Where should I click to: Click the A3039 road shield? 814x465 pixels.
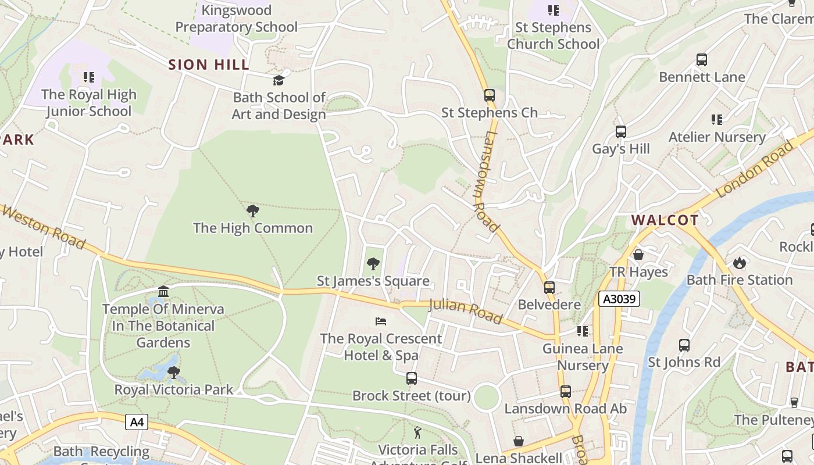click(x=619, y=299)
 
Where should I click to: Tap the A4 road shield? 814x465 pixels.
click(x=137, y=421)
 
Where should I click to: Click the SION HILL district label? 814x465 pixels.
click(x=209, y=65)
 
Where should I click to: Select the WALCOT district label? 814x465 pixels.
click(x=665, y=220)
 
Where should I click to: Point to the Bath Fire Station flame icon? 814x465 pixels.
click(x=739, y=263)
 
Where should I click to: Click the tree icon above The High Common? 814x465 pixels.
click(x=252, y=211)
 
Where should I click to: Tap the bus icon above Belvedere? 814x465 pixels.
click(x=549, y=288)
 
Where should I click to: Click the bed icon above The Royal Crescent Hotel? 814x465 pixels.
click(x=381, y=321)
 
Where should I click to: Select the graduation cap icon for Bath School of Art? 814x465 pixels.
click(x=279, y=80)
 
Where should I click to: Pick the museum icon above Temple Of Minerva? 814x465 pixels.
click(x=163, y=291)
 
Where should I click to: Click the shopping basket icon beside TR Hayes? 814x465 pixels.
click(x=638, y=255)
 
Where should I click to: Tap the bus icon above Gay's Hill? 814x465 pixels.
click(x=620, y=132)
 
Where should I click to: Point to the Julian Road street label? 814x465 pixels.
click(x=465, y=311)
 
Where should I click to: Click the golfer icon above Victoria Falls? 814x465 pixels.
click(x=417, y=432)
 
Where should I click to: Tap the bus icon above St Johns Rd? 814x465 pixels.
click(x=684, y=345)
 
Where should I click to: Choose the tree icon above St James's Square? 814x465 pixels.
click(x=373, y=264)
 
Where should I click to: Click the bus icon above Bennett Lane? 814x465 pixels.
click(x=702, y=60)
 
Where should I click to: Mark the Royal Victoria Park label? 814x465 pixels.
click(x=173, y=389)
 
